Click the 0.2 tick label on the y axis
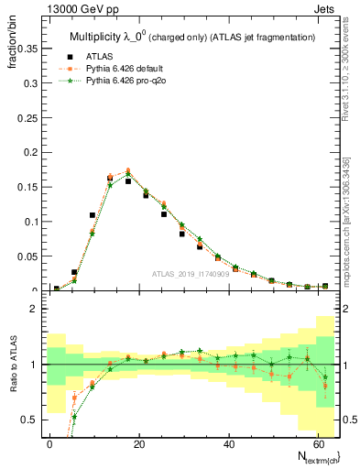pyautogui.click(x=28, y=152)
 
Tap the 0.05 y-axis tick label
pyautogui.click(x=25, y=256)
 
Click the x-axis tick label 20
pyautogui.click(x=138, y=442)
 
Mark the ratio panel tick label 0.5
pyautogui.click(x=28, y=420)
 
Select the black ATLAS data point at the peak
pyautogui.click(x=128, y=181)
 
